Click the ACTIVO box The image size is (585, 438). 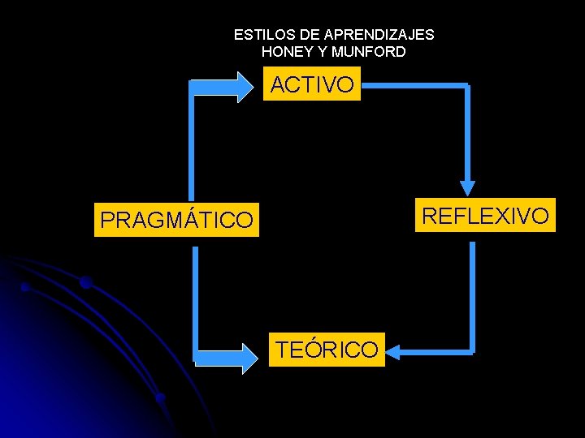pos(312,84)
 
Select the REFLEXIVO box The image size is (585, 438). pos(485,215)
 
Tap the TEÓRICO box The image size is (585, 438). pos(327,350)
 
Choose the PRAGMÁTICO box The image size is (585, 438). pos(176,219)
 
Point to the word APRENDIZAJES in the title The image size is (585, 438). pos(379,35)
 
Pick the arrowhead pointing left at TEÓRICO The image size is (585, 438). pos(395,351)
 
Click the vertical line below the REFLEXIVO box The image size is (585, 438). pos(472,292)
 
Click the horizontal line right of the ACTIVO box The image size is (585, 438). pos(414,84)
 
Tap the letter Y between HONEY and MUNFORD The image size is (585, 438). pos(324,51)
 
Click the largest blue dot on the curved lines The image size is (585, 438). pos(85,282)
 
